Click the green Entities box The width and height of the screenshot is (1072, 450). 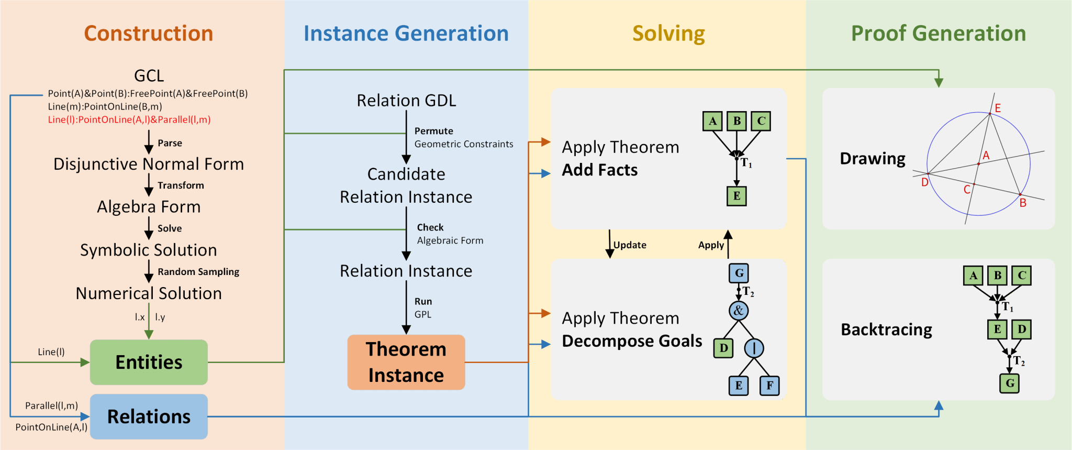point(149,362)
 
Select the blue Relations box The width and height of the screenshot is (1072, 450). point(149,416)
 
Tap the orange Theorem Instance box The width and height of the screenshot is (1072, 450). point(406,362)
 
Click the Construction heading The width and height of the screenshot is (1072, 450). point(149,33)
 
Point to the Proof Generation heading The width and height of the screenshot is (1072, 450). point(939,33)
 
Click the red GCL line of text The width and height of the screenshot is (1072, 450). point(129,119)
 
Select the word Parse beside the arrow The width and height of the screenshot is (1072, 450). point(170,143)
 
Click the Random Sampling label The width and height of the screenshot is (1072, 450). point(198,272)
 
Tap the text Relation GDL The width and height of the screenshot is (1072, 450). point(406,100)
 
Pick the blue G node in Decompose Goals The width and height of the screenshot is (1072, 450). point(739,273)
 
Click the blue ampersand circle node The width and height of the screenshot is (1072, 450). point(739,311)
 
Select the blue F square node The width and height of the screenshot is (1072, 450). point(769,386)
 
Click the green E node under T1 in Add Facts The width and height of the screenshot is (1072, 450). point(736,196)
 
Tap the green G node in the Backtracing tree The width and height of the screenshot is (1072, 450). point(1010,383)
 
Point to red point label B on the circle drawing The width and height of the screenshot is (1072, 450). point(1023,203)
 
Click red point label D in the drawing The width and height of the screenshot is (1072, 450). point(924,182)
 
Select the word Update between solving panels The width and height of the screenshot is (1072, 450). point(630,245)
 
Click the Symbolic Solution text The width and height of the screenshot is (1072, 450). point(149,250)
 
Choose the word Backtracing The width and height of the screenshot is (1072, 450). point(886,330)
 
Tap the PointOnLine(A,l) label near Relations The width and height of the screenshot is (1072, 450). point(51,427)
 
